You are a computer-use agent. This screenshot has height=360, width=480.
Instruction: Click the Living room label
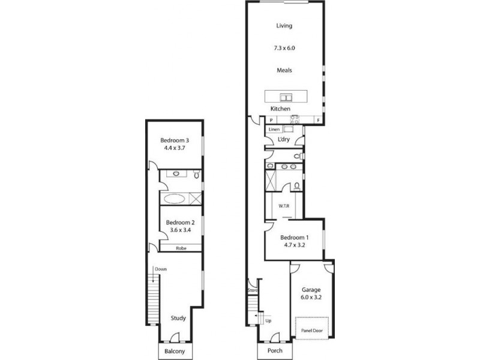pos(284,25)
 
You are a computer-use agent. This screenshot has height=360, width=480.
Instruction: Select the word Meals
pos(284,70)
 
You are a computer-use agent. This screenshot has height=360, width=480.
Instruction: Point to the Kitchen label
pos(280,109)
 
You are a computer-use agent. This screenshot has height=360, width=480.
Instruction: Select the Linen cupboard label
pos(274,129)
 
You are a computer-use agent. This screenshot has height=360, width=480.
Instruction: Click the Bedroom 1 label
pos(294,238)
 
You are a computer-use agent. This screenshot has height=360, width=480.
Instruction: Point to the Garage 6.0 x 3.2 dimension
pos(311,296)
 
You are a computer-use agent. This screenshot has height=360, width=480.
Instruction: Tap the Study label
pos(178,318)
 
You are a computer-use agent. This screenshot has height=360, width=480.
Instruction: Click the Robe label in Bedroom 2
pos(180,247)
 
